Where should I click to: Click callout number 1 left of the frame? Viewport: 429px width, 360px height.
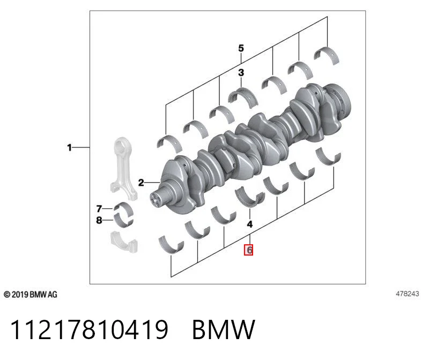[x=69, y=148]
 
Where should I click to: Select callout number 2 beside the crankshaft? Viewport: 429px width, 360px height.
[x=141, y=182]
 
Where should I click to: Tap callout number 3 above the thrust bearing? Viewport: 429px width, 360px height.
[x=241, y=72]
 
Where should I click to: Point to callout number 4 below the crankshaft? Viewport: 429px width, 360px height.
[x=249, y=224]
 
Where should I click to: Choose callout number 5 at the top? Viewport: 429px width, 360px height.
[x=241, y=48]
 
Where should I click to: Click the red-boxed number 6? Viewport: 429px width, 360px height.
[x=249, y=250]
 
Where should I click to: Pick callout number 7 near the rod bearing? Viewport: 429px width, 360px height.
[x=99, y=209]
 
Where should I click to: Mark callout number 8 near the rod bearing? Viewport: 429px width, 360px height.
[x=99, y=220]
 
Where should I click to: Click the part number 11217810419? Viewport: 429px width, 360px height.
[x=89, y=329]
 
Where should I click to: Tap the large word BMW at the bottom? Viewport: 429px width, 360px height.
[x=224, y=329]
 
